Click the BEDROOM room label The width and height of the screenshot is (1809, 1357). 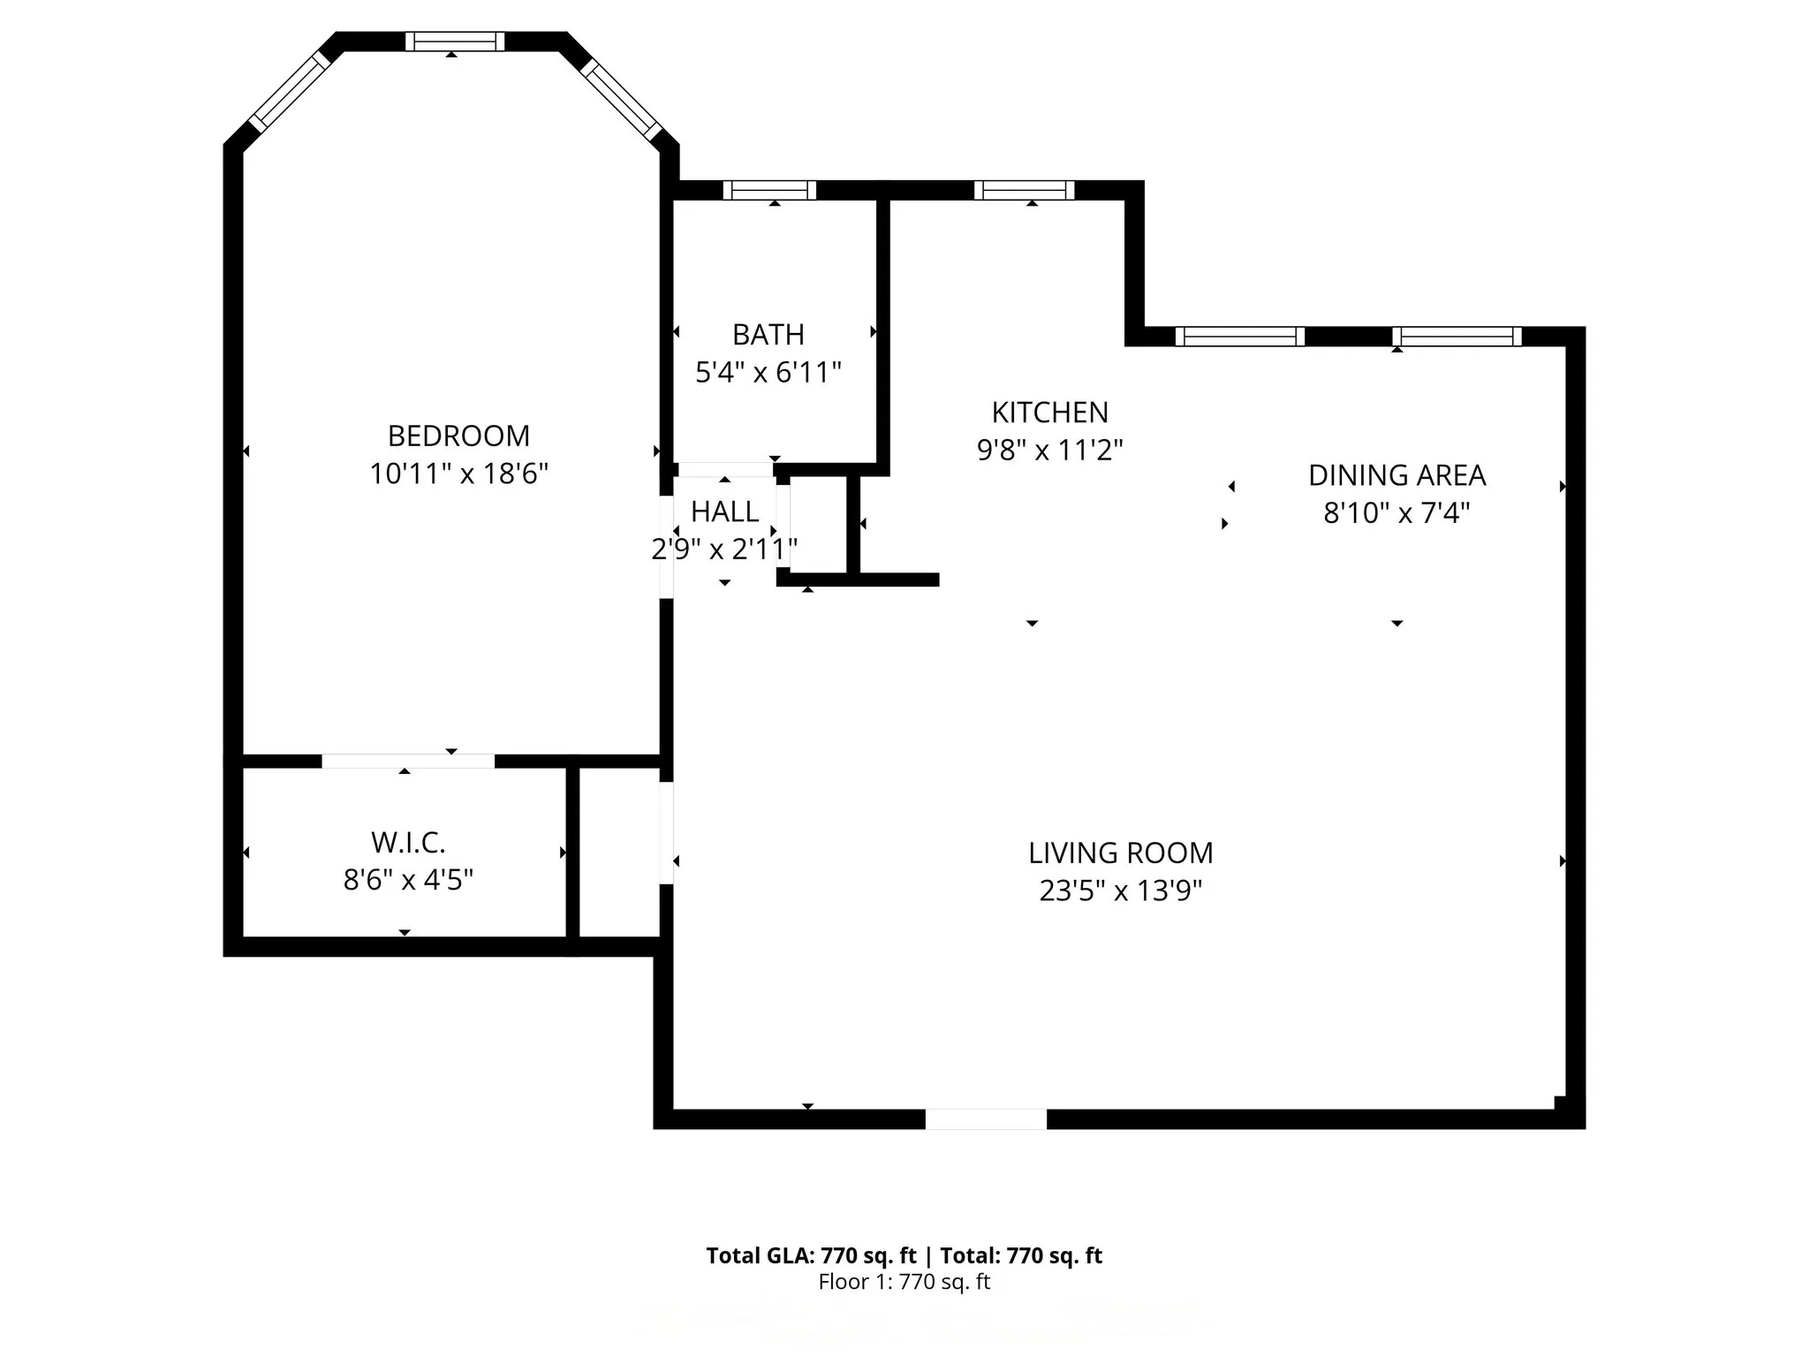click(x=458, y=436)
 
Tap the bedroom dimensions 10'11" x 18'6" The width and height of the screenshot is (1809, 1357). click(x=458, y=474)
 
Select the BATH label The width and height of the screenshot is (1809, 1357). click(x=768, y=335)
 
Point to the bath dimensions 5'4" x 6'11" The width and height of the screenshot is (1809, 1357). click(x=768, y=373)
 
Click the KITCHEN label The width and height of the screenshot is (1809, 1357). click(x=1049, y=413)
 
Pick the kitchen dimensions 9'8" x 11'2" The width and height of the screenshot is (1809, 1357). click(x=1049, y=451)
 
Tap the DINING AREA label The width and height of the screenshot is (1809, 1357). click(x=1396, y=475)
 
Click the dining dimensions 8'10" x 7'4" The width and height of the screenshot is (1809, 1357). click(x=1396, y=512)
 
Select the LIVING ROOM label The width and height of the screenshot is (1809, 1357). click(x=1120, y=853)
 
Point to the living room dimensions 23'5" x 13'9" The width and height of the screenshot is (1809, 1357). click(x=1120, y=891)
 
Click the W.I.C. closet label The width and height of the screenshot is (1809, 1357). click(x=407, y=843)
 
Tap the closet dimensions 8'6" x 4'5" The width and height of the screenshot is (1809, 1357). click(x=407, y=880)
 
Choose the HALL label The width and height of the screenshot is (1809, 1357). click(x=724, y=512)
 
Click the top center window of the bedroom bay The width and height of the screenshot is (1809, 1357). click(x=455, y=42)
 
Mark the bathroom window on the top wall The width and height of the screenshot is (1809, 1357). click(x=769, y=190)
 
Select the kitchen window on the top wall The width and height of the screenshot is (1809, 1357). click(x=1024, y=190)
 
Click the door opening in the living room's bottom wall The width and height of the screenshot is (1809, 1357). click(x=986, y=1119)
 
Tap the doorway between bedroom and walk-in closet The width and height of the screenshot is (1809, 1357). click(x=407, y=761)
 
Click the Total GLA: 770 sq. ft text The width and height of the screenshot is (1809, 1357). click(x=811, y=1255)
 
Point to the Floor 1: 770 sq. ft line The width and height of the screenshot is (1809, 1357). click(x=904, y=1282)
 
